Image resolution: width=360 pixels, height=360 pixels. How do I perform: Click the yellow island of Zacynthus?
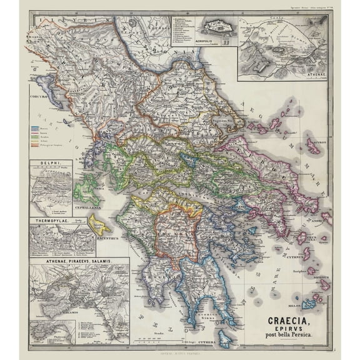(98, 223)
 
